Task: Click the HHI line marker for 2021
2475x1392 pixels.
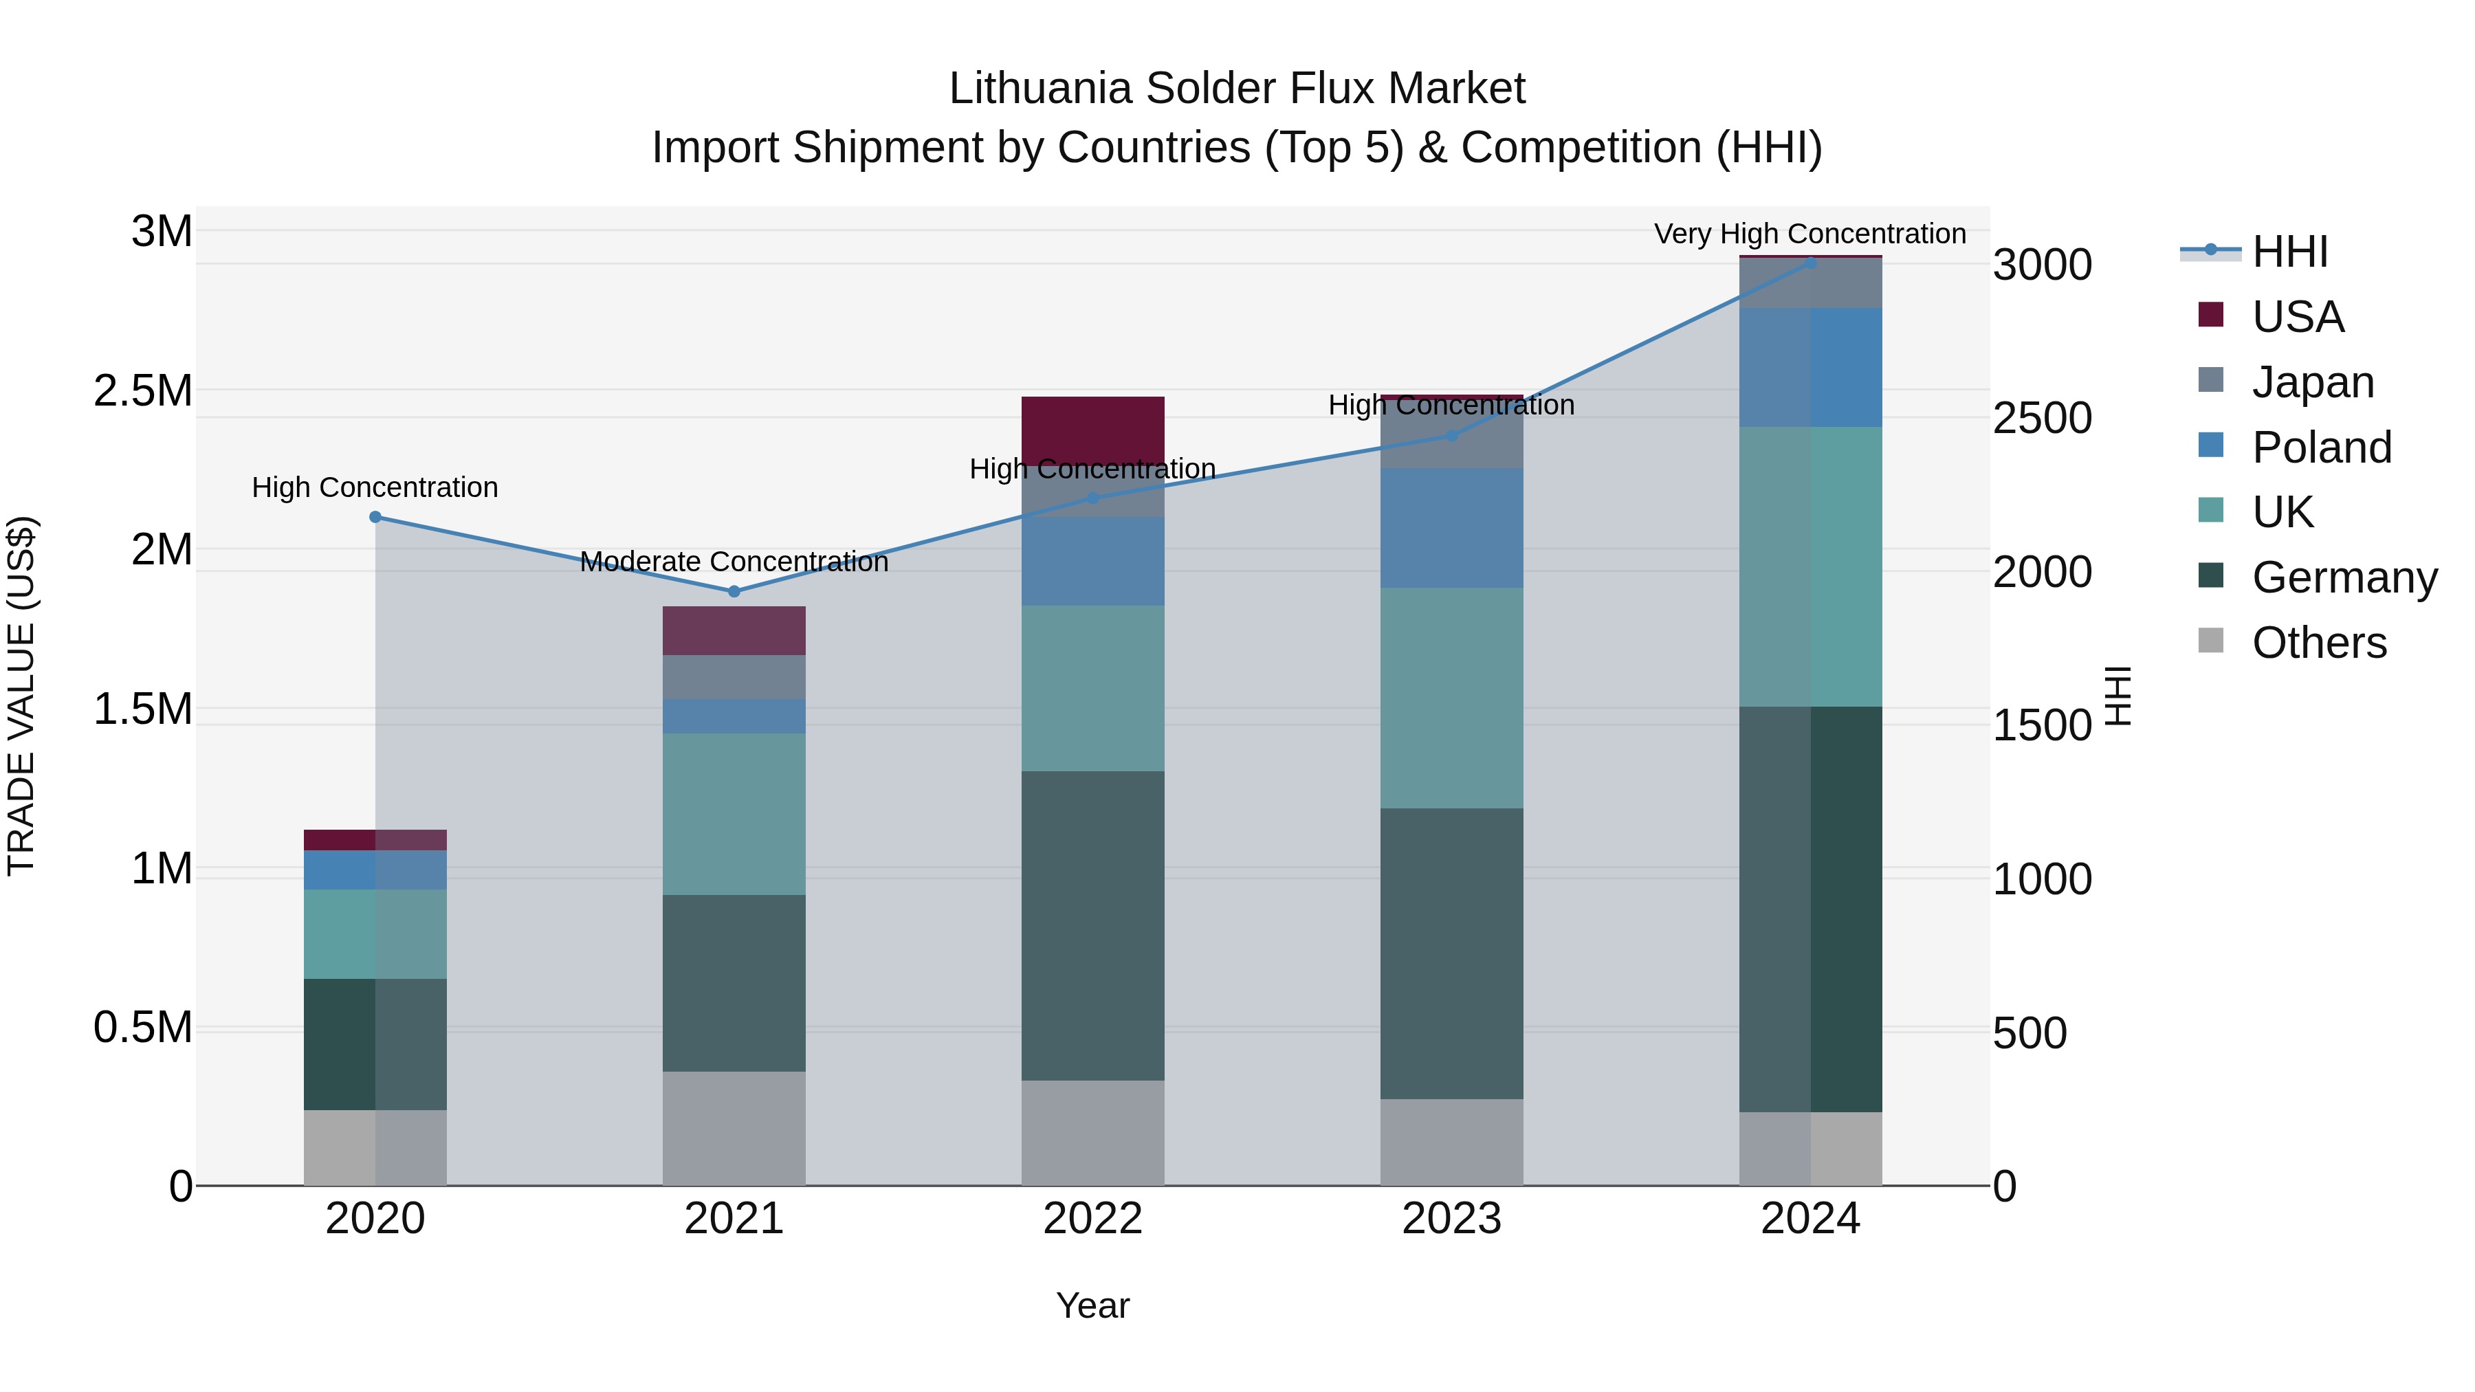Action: pyautogui.click(x=734, y=590)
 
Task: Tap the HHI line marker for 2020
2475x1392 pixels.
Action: pyautogui.click(x=375, y=517)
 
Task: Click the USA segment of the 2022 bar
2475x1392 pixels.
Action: pyautogui.click(x=1092, y=430)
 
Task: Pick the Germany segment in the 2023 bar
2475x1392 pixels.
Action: pyautogui.click(x=1452, y=953)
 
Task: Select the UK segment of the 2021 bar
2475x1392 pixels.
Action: pyautogui.click(x=734, y=814)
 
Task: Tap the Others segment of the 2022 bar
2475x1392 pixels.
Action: pyautogui.click(x=1092, y=1133)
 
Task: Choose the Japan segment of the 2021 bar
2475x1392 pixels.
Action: pyautogui.click(x=734, y=676)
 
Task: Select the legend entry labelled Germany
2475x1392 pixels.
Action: pyautogui.click(x=2344, y=577)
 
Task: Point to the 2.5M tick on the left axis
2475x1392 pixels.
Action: pyautogui.click(x=142, y=391)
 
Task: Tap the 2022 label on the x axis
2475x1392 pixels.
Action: pyautogui.click(x=1092, y=1219)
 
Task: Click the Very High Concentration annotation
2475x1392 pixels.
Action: pyautogui.click(x=1809, y=234)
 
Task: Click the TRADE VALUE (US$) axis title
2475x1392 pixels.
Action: pyautogui.click(x=21, y=696)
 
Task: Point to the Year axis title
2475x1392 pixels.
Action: pyautogui.click(x=1092, y=1305)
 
